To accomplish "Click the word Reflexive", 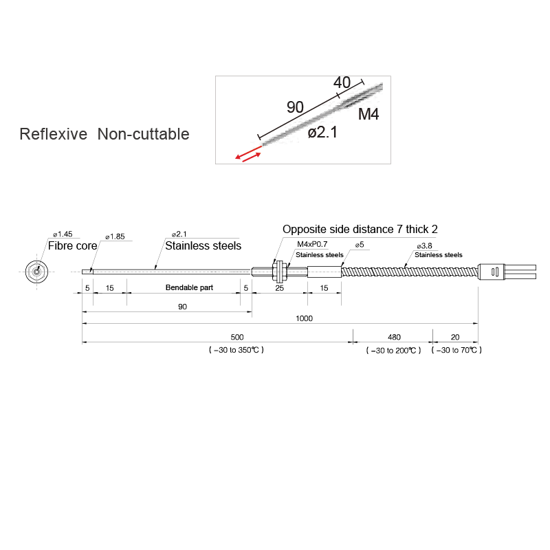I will pos(53,134).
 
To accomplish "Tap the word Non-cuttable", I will pos(143,134).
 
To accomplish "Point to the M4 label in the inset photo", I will pos(368,114).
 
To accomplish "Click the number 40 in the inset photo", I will pos(342,82).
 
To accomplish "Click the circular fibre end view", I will pos(36,271).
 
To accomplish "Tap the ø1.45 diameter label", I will pos(63,234).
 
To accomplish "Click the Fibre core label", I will pos(72,245).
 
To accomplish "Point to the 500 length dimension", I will pos(236,337).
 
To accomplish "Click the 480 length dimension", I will pos(394,337).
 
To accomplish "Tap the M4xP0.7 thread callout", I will pos(312,245).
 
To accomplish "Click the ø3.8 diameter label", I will pos(424,245).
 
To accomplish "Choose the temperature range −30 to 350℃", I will pos(236,350).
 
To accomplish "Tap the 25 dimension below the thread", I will pos(279,287).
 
